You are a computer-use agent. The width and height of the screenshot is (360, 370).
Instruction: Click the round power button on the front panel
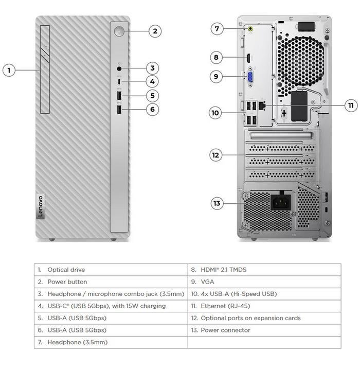click(120, 31)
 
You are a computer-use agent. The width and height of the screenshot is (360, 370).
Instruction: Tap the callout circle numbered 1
click(9, 70)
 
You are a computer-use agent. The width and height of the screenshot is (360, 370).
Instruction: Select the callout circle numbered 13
click(217, 203)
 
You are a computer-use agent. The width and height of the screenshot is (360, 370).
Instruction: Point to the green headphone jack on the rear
click(251, 29)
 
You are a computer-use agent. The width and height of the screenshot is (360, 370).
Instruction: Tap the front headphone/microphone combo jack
click(120, 68)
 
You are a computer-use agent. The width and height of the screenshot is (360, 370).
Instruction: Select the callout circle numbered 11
click(351, 105)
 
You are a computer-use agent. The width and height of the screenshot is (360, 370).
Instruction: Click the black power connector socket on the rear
click(280, 202)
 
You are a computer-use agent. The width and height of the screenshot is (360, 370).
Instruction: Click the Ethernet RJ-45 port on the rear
click(262, 104)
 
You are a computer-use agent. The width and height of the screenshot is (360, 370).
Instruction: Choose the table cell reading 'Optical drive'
click(66, 270)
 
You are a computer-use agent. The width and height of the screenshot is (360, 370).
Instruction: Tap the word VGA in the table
click(207, 282)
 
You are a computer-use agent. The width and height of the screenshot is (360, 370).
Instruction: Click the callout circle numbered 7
click(217, 29)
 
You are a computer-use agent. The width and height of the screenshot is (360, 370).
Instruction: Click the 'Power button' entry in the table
click(67, 282)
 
